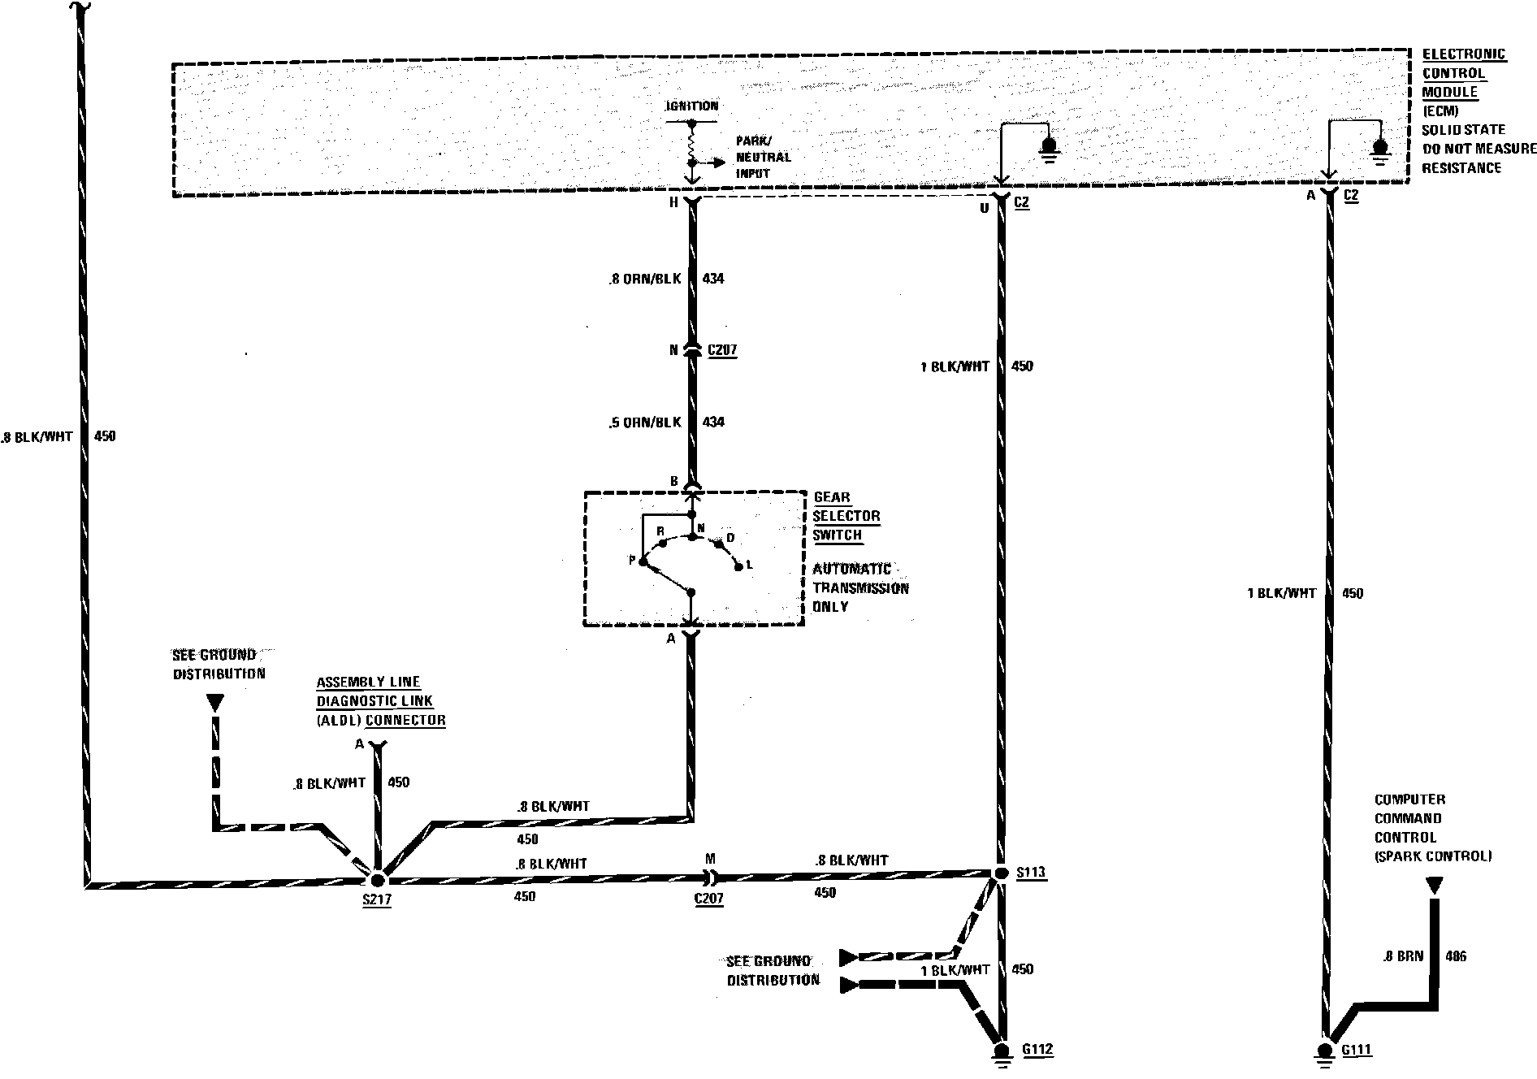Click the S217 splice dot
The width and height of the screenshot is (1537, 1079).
[x=377, y=879]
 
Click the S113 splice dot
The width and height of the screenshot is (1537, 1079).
[x=1000, y=872]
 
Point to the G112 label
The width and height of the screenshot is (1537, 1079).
[x=1037, y=1049]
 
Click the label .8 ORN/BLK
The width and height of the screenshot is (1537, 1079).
[x=644, y=279]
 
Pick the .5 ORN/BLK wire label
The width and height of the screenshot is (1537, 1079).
[x=644, y=422]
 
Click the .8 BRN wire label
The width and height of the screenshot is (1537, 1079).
[x=1403, y=956]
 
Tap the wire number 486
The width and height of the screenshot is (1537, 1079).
[x=1456, y=956]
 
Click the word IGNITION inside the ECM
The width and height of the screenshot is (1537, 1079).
[x=691, y=106]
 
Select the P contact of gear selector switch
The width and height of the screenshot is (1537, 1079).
[x=642, y=561]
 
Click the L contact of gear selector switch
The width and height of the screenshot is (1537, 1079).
[x=738, y=566]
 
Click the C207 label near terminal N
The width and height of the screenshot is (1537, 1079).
[x=722, y=350]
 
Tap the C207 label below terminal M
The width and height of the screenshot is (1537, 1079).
[x=709, y=899]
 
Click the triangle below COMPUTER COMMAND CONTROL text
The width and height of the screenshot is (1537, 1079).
[x=1435, y=885]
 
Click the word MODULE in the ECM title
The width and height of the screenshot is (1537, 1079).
[x=1450, y=92]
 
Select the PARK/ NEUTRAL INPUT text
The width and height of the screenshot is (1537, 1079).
[x=763, y=157]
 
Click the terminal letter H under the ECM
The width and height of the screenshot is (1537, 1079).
[x=673, y=203]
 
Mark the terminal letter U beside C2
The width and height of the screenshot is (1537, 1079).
[x=984, y=208]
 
